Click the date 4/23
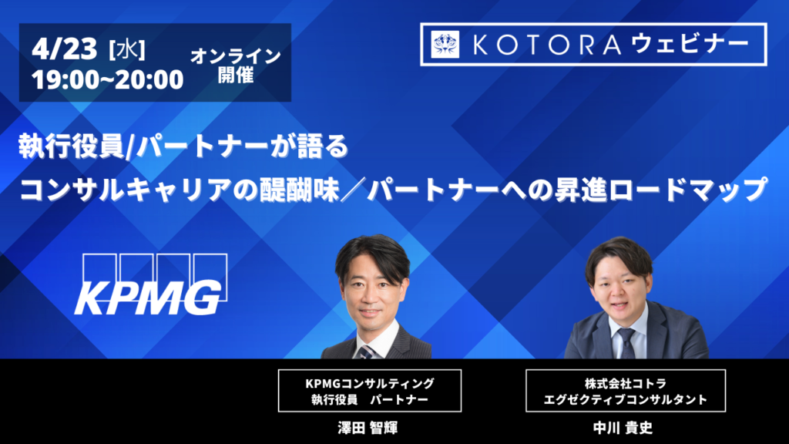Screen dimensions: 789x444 click(x=64, y=49)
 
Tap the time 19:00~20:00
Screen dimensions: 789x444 click(x=107, y=79)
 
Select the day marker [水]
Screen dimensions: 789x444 click(x=127, y=50)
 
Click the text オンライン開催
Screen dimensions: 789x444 click(x=236, y=65)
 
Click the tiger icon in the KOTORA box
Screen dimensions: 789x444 click(x=445, y=44)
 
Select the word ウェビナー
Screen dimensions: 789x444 click(x=690, y=44)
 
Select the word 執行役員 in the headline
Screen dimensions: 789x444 click(x=71, y=147)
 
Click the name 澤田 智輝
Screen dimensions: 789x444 click(x=368, y=428)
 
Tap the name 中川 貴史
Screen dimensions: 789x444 click(x=623, y=428)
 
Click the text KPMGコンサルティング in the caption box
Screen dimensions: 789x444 click(x=370, y=384)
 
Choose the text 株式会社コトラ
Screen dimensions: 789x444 click(x=626, y=384)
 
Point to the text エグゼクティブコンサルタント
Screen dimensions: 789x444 click(x=626, y=400)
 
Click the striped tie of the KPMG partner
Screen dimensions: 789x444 click(x=367, y=351)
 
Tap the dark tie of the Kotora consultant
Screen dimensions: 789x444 click(x=626, y=342)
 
